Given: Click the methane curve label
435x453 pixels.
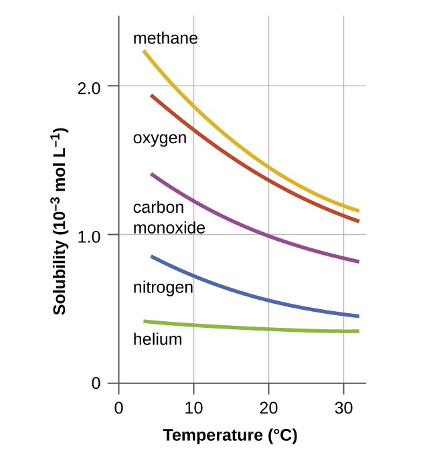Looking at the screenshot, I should click(165, 38).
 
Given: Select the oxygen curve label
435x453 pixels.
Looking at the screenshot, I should click(159, 139).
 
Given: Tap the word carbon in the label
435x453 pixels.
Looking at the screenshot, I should click(159, 207).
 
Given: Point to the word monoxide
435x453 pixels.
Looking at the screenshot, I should click(169, 228).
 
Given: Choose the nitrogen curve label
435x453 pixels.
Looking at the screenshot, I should click(163, 288).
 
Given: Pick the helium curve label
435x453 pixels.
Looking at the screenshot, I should click(157, 339).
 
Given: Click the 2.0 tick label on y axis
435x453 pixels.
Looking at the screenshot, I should click(89, 87).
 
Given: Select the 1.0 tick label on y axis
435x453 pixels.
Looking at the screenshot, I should click(89, 236).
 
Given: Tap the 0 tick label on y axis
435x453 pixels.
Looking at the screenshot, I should click(96, 384).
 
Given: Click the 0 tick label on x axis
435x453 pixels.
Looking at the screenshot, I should click(118, 407).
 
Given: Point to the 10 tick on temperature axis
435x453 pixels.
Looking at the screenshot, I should click(193, 407).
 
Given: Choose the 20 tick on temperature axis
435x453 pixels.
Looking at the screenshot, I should click(268, 407).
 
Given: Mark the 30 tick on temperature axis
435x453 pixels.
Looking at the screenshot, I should click(343, 407).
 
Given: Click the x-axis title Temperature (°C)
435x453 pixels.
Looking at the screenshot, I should click(230, 436).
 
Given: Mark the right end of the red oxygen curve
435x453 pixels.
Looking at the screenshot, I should click(358, 220).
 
